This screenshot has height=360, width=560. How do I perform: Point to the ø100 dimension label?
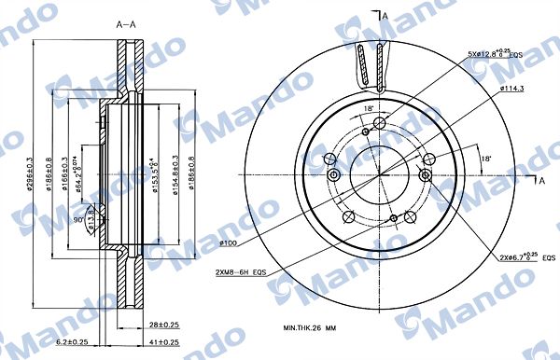tap(231, 243)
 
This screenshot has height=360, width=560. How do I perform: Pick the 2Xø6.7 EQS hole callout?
tap(524, 257)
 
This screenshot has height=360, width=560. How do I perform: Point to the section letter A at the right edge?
tap(541, 182)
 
